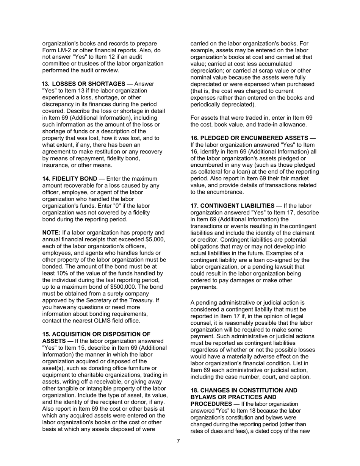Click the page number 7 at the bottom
(x=178, y=441)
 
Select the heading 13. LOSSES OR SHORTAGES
(x=83, y=84)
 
